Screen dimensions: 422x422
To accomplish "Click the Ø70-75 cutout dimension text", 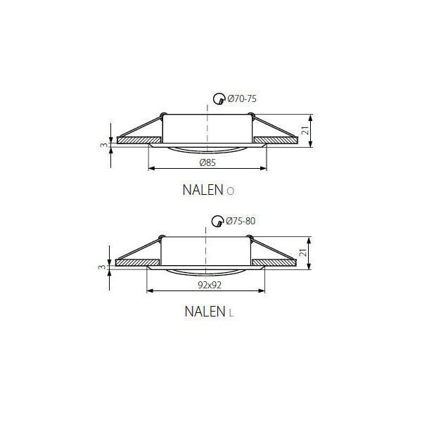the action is (242, 98).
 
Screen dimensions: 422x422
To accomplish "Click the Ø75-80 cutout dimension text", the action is (241, 221).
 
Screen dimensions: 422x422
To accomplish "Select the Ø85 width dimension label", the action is (207, 162).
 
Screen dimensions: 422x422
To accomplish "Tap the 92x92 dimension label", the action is (210, 285).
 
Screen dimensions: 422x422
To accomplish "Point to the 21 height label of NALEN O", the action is (305, 131).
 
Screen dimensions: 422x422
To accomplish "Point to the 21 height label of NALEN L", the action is (303, 252).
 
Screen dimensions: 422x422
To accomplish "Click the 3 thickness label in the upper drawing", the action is (103, 145).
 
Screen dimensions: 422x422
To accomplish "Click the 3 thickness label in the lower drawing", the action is (101, 267).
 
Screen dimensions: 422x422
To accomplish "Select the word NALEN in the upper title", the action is (203, 190).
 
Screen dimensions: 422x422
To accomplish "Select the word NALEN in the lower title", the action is (205, 312).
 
